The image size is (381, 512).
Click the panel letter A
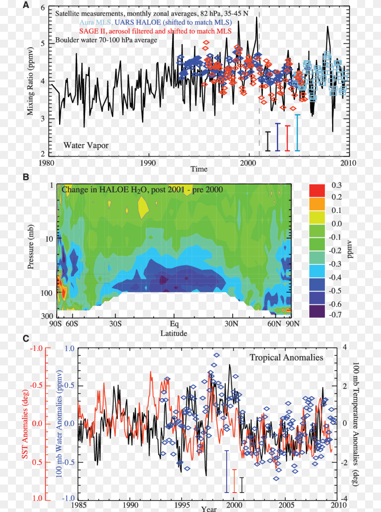point(26,5)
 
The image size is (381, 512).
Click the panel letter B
point(26,177)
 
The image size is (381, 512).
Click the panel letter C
point(26,338)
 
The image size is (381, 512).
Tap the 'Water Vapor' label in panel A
point(86,145)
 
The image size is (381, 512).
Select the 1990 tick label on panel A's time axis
point(148,163)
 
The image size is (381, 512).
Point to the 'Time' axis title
point(199,169)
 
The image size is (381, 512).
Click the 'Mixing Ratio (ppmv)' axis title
point(30,81)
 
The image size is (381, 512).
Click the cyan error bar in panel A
point(297,133)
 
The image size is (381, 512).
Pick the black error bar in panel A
point(268,141)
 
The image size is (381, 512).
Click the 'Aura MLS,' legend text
point(96,23)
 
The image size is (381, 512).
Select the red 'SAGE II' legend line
point(155,31)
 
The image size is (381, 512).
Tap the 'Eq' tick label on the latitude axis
point(174,324)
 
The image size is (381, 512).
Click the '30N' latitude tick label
point(231,324)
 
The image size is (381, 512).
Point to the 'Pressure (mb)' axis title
point(31,247)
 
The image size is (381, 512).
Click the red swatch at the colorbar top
point(317,191)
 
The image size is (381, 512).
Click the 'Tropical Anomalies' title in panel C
point(286,357)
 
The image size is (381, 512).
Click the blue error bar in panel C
point(227,471)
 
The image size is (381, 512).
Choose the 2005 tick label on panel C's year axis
point(286,505)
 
